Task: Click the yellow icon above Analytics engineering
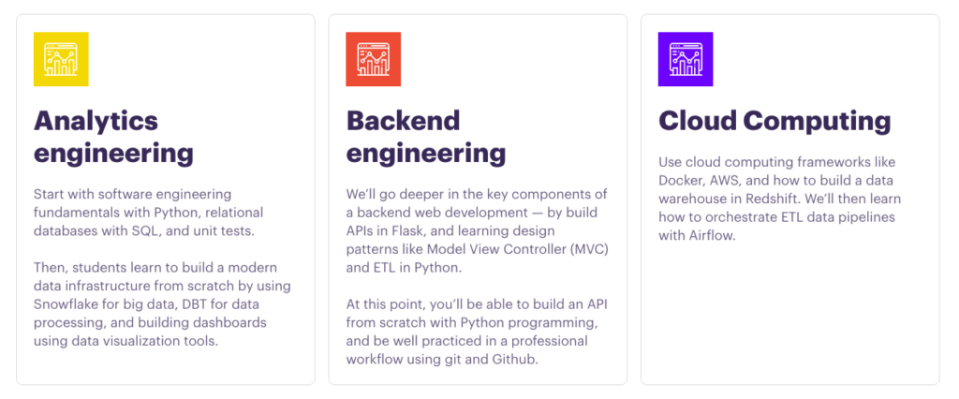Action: click(x=61, y=59)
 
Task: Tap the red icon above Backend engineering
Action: click(x=373, y=59)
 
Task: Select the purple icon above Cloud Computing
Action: click(x=686, y=59)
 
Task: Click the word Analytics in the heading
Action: click(x=96, y=121)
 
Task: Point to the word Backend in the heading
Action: click(x=404, y=121)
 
